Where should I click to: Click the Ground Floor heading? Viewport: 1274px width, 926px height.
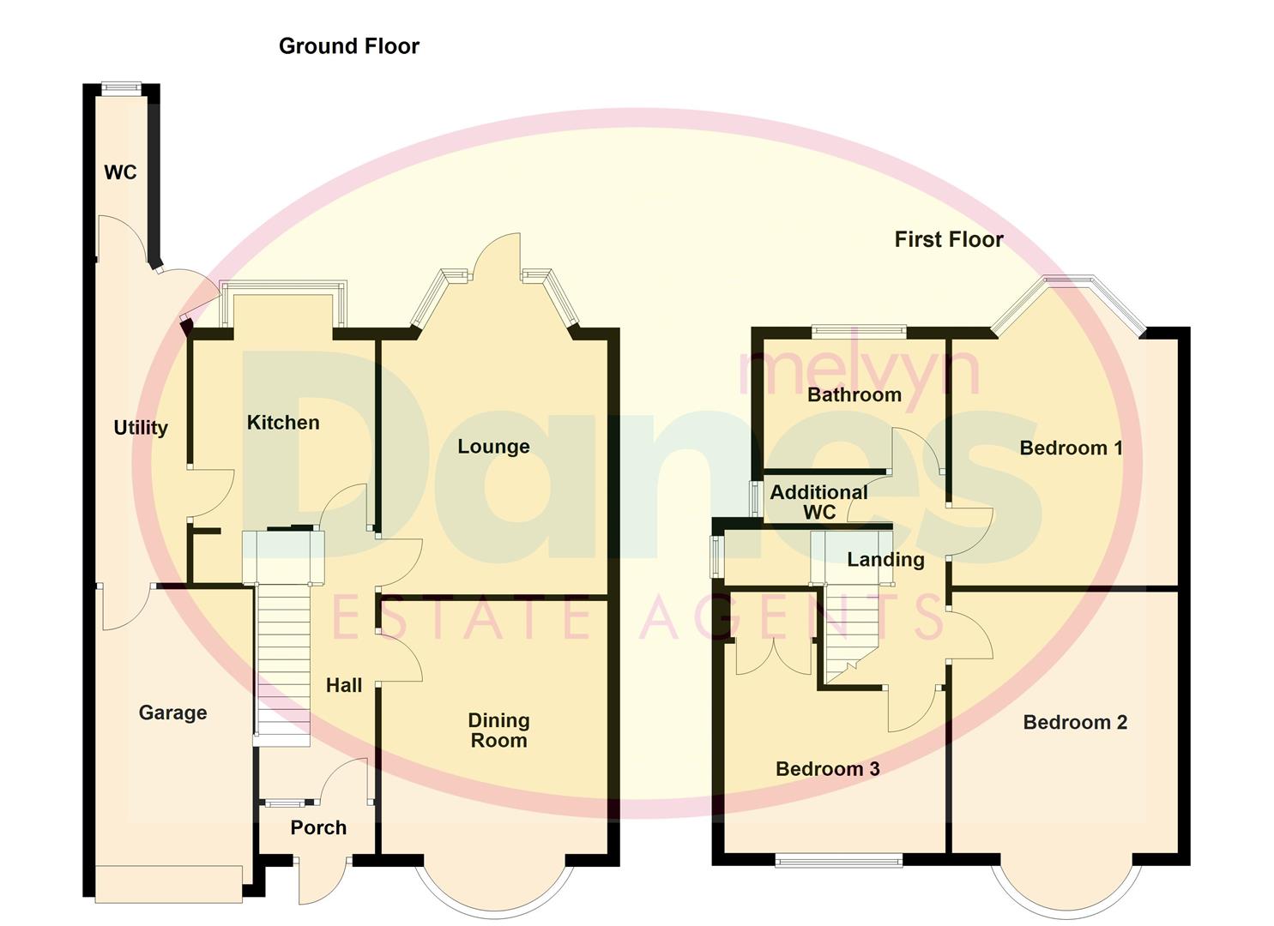348,46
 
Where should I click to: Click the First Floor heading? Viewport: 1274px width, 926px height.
948,239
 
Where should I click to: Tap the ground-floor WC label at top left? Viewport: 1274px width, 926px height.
120,172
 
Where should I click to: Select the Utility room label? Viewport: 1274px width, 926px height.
141,427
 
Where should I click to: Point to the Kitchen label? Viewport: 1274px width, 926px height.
283,422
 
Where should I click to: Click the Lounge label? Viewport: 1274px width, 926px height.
493,446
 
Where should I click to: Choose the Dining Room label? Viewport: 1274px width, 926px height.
498,731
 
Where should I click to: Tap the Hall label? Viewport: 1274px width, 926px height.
344,685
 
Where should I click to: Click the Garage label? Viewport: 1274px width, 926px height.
172,713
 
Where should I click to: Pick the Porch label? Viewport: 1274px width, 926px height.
318,827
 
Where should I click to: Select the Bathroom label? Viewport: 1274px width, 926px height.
854,394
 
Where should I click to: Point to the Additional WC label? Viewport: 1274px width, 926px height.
818,502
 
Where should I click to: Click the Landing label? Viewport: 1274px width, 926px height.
885,560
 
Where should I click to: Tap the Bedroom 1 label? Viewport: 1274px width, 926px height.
1071,448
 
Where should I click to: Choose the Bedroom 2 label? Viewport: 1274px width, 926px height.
1075,722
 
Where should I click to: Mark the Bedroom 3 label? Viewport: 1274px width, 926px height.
827,768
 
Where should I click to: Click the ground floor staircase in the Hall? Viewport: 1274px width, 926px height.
283,660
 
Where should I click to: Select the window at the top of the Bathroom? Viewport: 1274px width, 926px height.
859,328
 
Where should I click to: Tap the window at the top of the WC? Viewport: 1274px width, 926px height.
121,86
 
